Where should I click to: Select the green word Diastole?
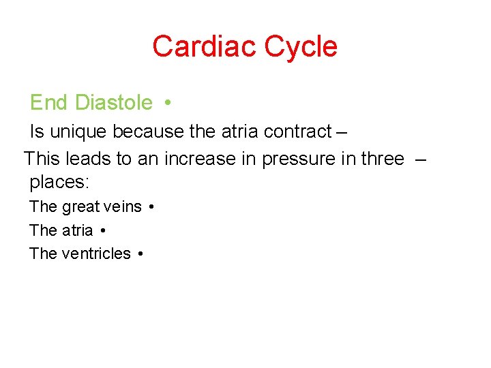tap(114, 103)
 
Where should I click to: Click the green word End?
tap(48, 103)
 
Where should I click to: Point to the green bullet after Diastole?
tap(167, 103)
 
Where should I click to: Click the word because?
tap(147, 131)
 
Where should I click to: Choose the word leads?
tap(89, 159)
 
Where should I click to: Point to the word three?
tap(383, 159)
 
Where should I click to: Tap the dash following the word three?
tap(420, 159)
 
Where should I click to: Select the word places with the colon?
tap(59, 183)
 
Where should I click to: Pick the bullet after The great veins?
tap(150, 206)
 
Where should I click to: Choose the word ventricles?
tap(96, 254)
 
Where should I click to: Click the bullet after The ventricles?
tap(139, 254)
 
